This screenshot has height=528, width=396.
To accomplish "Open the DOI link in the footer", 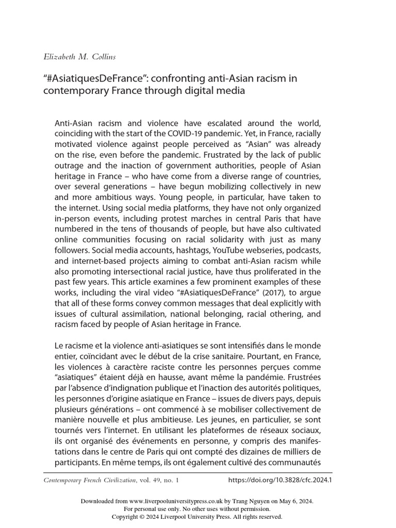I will [x=280, y=480].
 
